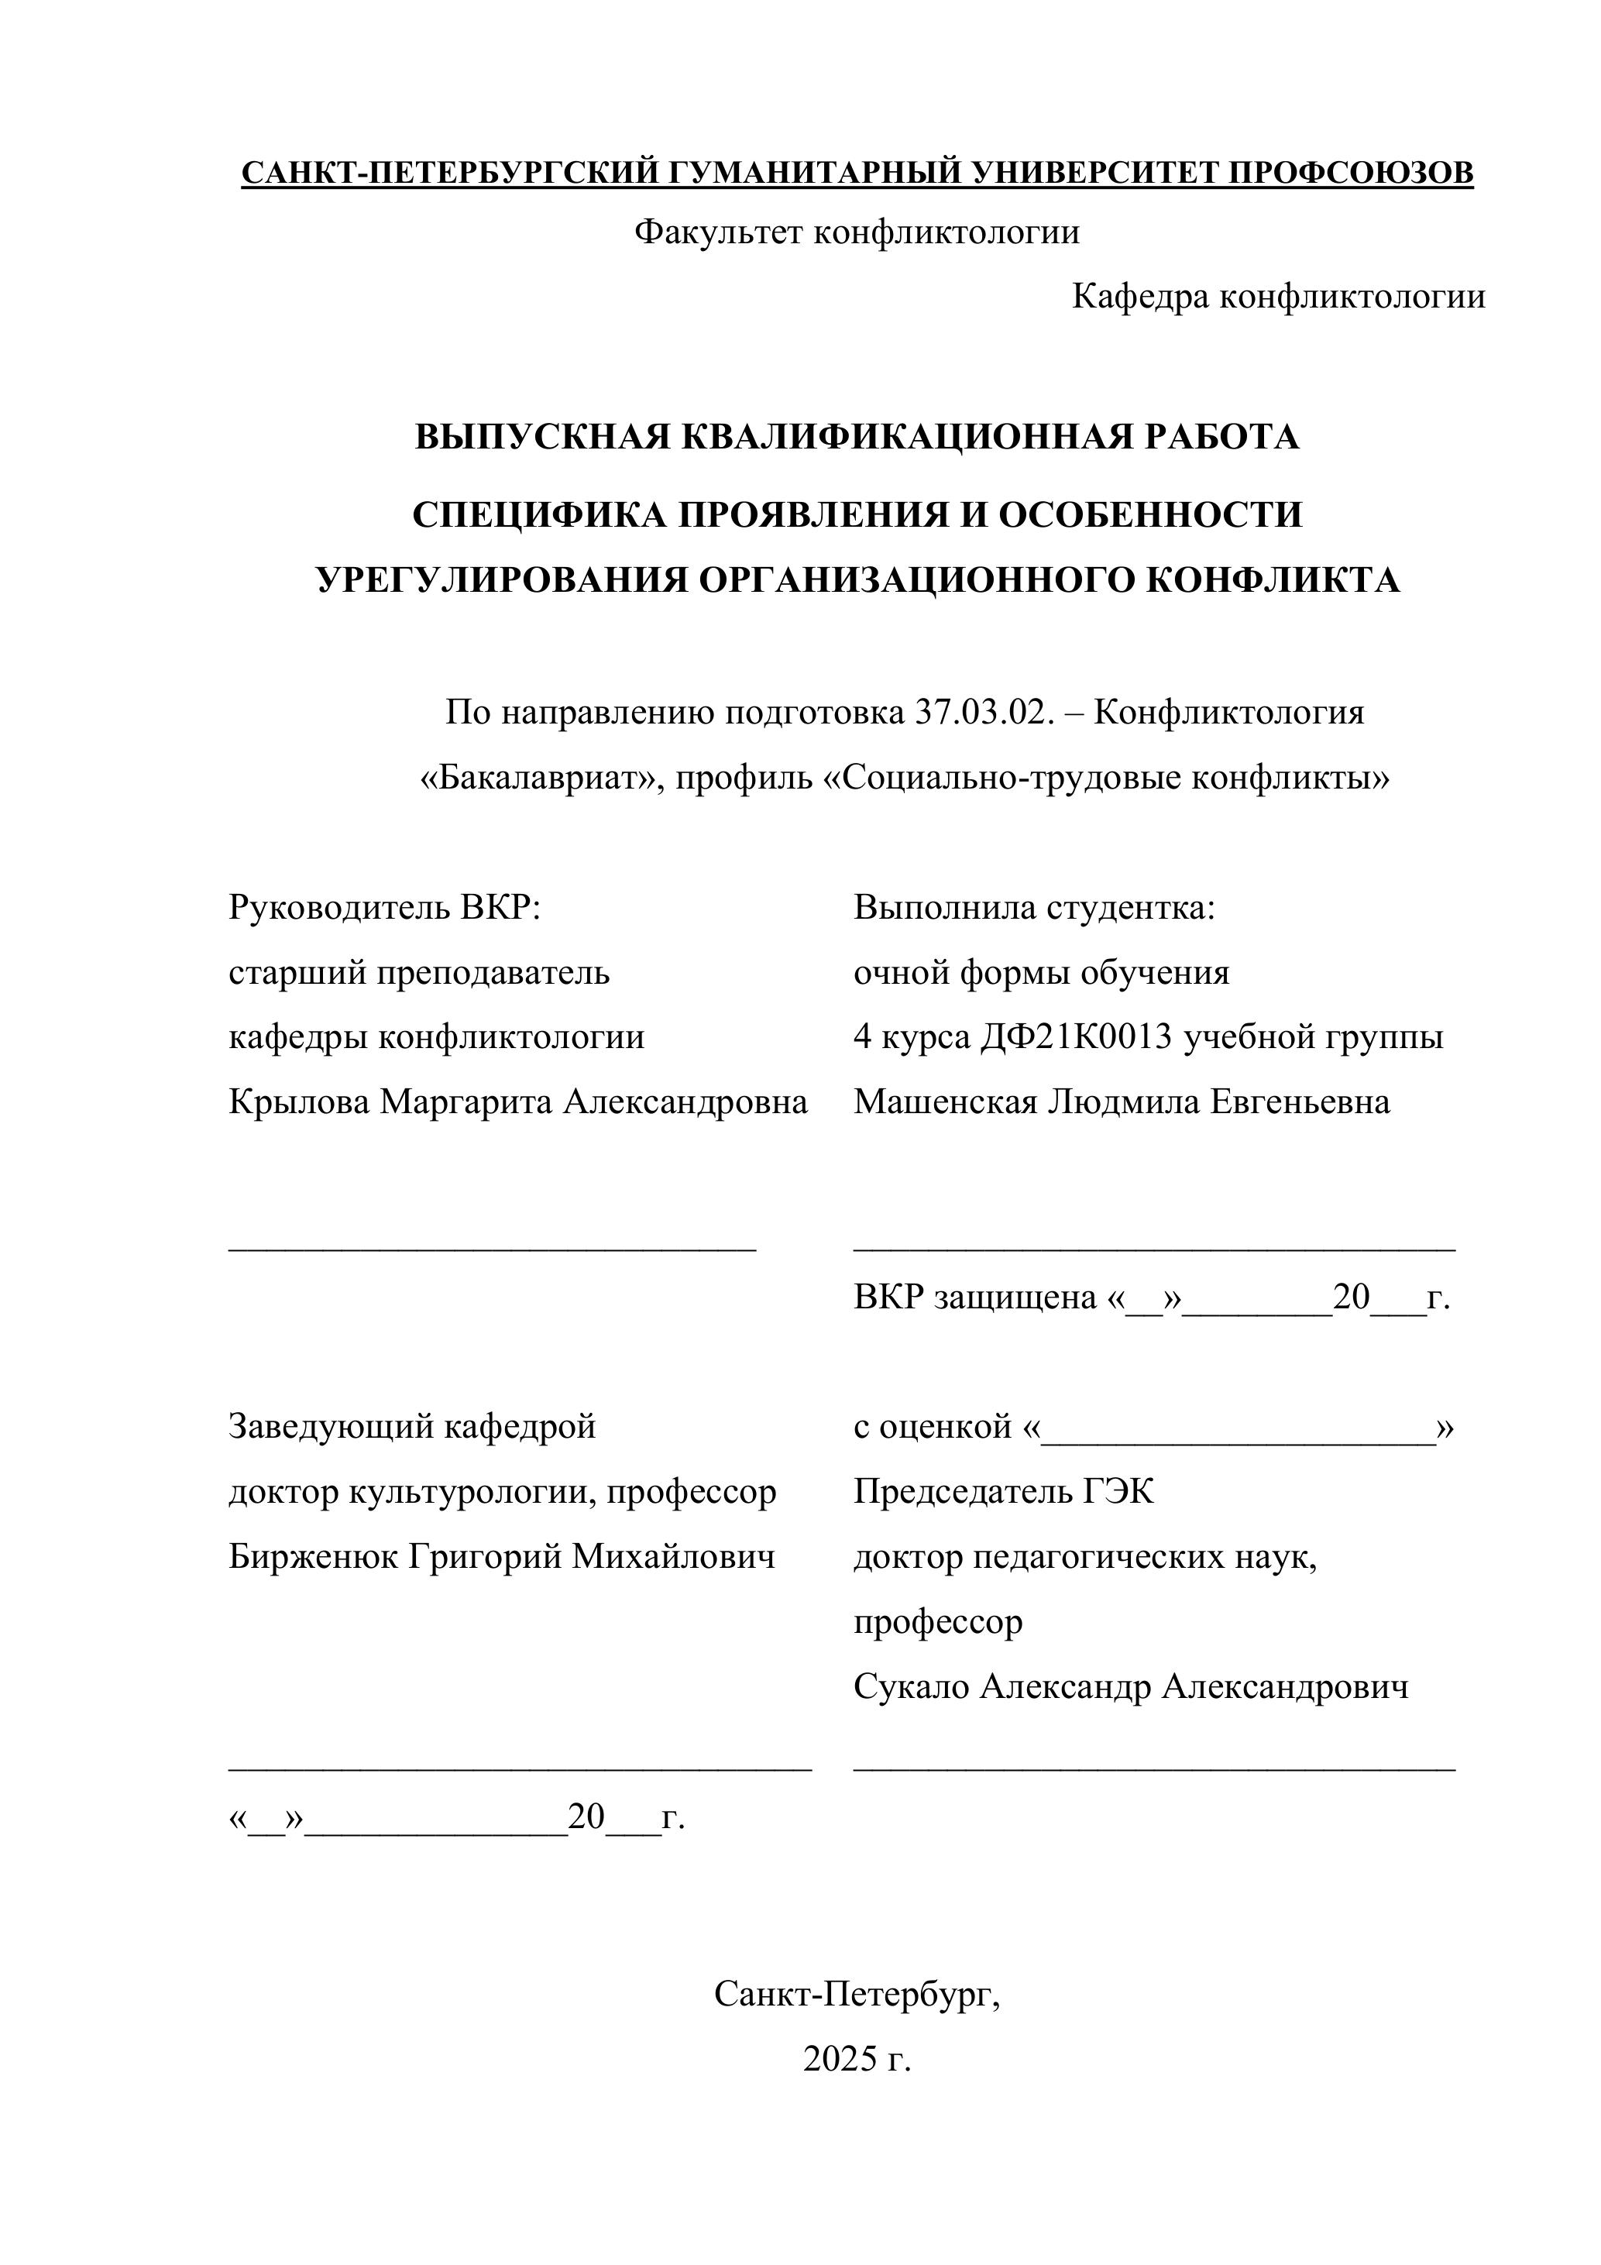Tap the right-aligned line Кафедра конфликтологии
tap(1279, 296)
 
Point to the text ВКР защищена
tap(974, 1297)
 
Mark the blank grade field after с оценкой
tap(1238, 1428)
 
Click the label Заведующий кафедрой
tap(412, 1427)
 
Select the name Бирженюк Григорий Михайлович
tap(502, 1557)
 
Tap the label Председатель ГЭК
tap(1003, 1492)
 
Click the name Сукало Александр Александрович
tap(1131, 1687)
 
